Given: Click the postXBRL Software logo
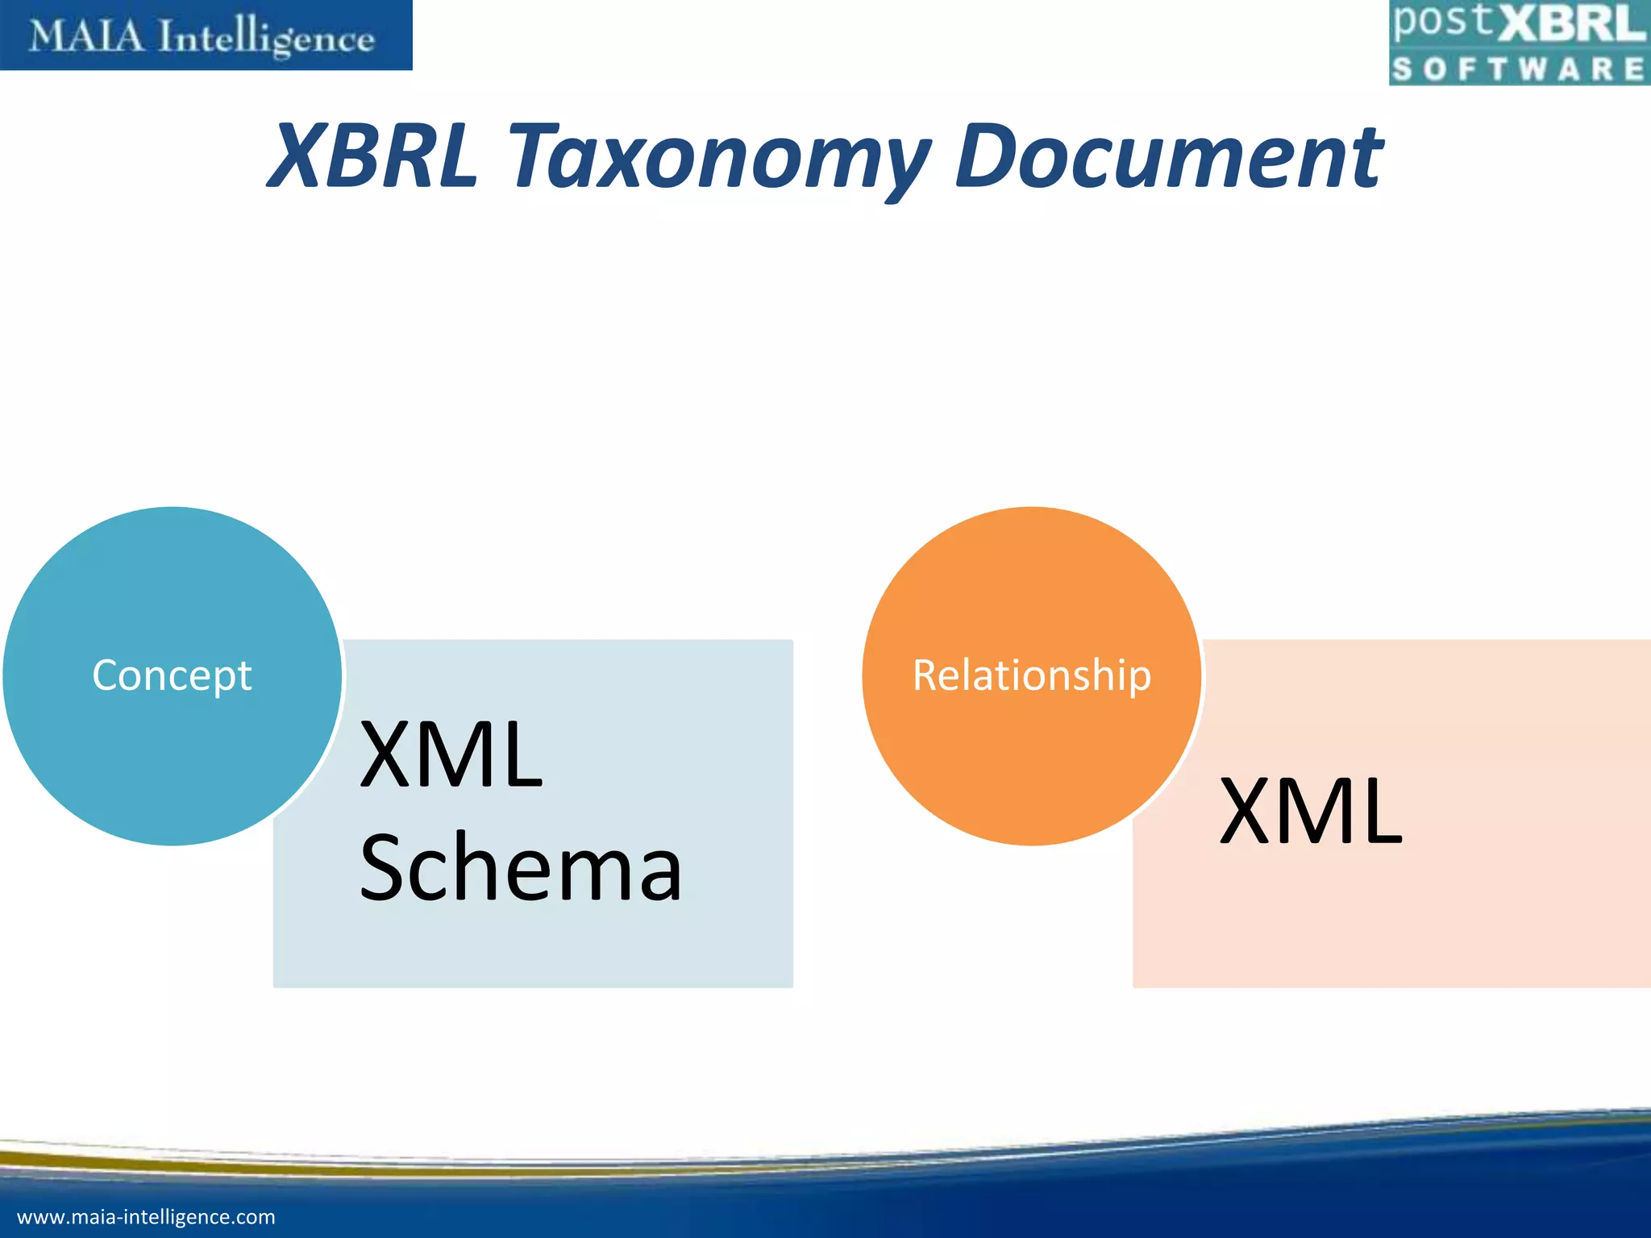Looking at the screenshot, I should click(1518, 43).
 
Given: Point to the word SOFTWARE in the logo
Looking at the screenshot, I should click(1518, 69).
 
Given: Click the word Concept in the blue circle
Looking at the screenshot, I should click(172, 675).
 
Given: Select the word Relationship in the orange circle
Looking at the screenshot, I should click(1032, 675).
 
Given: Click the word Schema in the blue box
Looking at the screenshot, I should click(521, 868).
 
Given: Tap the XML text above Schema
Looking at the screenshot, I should click(451, 755).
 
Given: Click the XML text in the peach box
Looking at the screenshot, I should click(1311, 812).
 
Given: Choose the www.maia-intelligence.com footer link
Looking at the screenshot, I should click(146, 1217).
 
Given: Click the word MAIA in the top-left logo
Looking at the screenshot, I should click(87, 36).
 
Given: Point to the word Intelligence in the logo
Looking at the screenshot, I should click(267, 39).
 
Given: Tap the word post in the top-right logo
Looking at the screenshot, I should click(1444, 23).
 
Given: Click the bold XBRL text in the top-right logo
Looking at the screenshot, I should click(1571, 24).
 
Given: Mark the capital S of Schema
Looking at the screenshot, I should click(386, 868).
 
